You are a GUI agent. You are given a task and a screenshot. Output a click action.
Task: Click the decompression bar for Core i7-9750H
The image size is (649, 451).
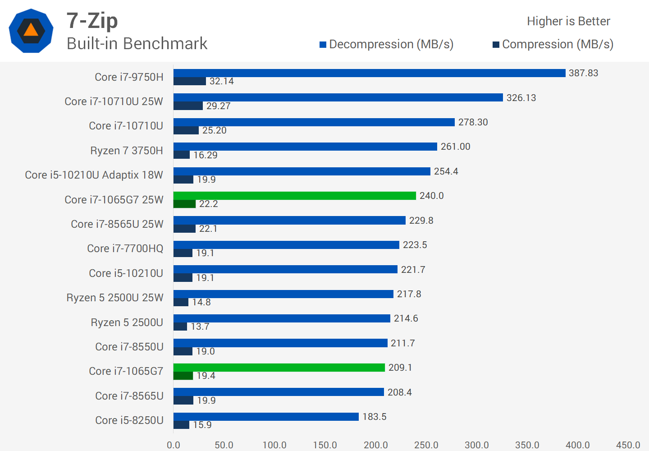pos(369,73)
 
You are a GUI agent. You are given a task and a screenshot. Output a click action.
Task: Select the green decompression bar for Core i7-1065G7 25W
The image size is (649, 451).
pos(294,196)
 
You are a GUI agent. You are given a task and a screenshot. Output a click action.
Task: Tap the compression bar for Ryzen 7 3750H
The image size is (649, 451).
pos(182,155)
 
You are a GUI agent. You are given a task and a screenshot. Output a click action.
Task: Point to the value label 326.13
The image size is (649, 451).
pos(521,98)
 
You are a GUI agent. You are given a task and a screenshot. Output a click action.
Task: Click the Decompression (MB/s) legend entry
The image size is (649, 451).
pos(387,44)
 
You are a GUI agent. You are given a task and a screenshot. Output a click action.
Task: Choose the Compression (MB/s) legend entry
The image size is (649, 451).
pos(553,44)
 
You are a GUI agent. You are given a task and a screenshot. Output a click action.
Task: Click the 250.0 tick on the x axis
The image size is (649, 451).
pos(426,445)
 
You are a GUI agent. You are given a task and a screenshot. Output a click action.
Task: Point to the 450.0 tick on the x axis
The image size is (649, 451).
pos(628,445)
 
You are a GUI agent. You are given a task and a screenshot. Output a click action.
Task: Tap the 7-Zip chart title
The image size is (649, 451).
pos(92,21)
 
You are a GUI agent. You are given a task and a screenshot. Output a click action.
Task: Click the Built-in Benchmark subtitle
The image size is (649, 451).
pos(137,44)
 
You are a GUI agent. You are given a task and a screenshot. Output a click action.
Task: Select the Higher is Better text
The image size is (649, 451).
pos(568,21)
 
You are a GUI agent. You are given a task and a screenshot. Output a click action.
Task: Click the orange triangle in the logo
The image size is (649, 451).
pos(31,30)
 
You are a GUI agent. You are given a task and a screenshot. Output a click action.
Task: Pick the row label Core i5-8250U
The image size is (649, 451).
pos(129,420)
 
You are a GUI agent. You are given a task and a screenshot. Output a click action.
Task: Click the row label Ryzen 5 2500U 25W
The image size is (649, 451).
pos(115,298)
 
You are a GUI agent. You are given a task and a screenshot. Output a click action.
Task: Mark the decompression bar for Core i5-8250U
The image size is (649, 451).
pos(266,417)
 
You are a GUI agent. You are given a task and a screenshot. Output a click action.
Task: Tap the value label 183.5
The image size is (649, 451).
pos(375,417)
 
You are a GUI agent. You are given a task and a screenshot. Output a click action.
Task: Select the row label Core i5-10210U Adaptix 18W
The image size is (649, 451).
pos(94,175)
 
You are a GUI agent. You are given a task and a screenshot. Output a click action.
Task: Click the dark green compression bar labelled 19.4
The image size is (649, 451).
pos(183,376)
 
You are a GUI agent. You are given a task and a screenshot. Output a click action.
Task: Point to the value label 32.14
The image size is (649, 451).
pos(221,82)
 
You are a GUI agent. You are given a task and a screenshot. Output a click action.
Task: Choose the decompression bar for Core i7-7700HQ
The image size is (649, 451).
pos(286,245)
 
